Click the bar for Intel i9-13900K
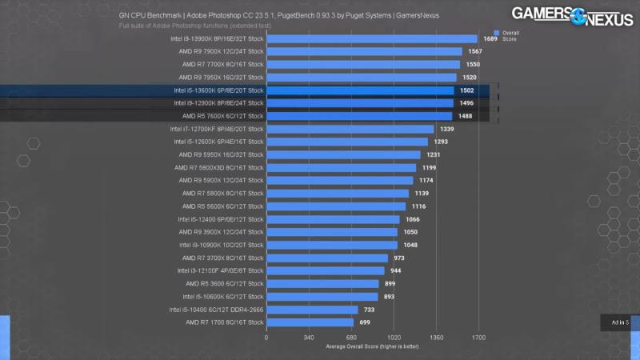click(x=371, y=38)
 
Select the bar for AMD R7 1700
click(x=310, y=322)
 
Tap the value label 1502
click(x=467, y=90)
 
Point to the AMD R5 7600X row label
click(x=222, y=116)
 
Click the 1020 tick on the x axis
click(x=394, y=338)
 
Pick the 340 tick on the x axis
click(x=309, y=338)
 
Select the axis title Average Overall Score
click(x=372, y=346)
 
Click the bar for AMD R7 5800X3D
click(x=341, y=168)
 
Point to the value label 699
click(x=365, y=322)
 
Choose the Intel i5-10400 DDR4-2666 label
click(x=216, y=310)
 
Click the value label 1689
click(x=490, y=38)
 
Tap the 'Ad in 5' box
click(x=620, y=322)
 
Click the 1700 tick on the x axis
click(x=478, y=338)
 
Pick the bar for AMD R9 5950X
click(x=343, y=154)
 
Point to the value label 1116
click(x=419, y=206)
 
